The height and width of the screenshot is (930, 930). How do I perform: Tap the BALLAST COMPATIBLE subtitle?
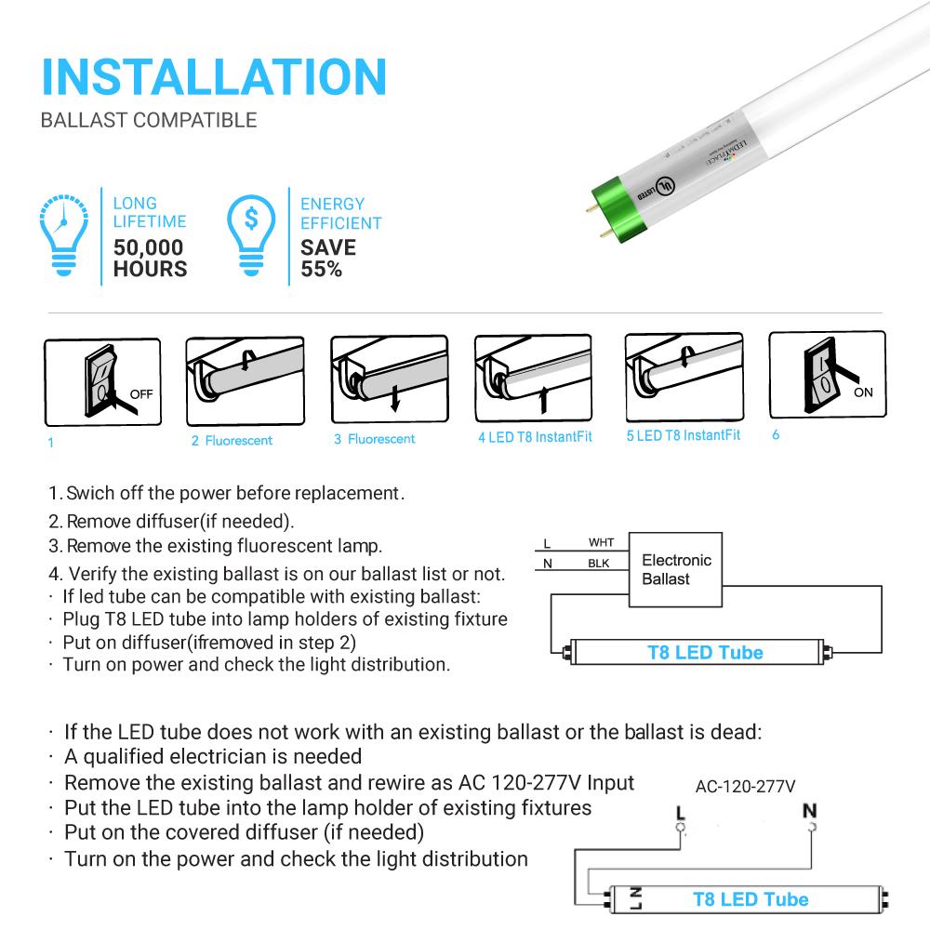tap(149, 120)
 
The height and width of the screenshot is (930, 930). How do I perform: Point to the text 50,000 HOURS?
tap(149, 259)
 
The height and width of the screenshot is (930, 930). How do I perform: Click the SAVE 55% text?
tap(327, 259)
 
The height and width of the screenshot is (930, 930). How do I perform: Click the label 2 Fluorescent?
tap(232, 440)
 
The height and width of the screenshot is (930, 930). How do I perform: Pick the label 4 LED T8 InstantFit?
tap(534, 437)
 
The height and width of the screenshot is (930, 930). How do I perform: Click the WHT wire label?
tap(601, 542)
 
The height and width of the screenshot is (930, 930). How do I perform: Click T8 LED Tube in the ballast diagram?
tap(704, 652)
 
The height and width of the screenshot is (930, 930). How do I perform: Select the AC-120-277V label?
tap(745, 786)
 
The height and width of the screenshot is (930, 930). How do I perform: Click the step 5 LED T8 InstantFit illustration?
tap(683, 378)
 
